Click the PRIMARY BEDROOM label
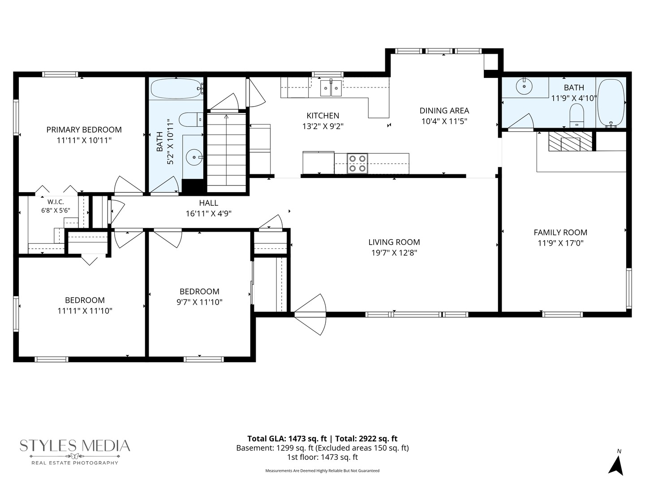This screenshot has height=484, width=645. [x=84, y=130]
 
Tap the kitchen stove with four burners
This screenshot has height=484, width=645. [x=357, y=164]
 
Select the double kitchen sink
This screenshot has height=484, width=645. [x=331, y=87]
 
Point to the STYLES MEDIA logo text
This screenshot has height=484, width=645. [x=75, y=445]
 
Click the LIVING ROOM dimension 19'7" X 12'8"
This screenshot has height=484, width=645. [x=394, y=253]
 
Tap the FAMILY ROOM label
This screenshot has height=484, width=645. [x=560, y=233]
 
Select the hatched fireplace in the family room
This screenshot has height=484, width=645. [x=570, y=141]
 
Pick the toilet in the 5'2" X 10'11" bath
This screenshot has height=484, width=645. [x=191, y=119]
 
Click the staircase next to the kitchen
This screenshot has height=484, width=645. [x=226, y=153]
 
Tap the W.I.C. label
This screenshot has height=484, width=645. [x=56, y=202]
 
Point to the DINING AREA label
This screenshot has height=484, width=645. [x=444, y=111]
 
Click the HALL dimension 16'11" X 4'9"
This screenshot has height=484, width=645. [x=208, y=214]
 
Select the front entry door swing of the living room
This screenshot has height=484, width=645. [x=310, y=315]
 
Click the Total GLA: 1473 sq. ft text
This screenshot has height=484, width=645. [x=287, y=439]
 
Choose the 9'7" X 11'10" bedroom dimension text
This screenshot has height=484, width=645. [x=199, y=302]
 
